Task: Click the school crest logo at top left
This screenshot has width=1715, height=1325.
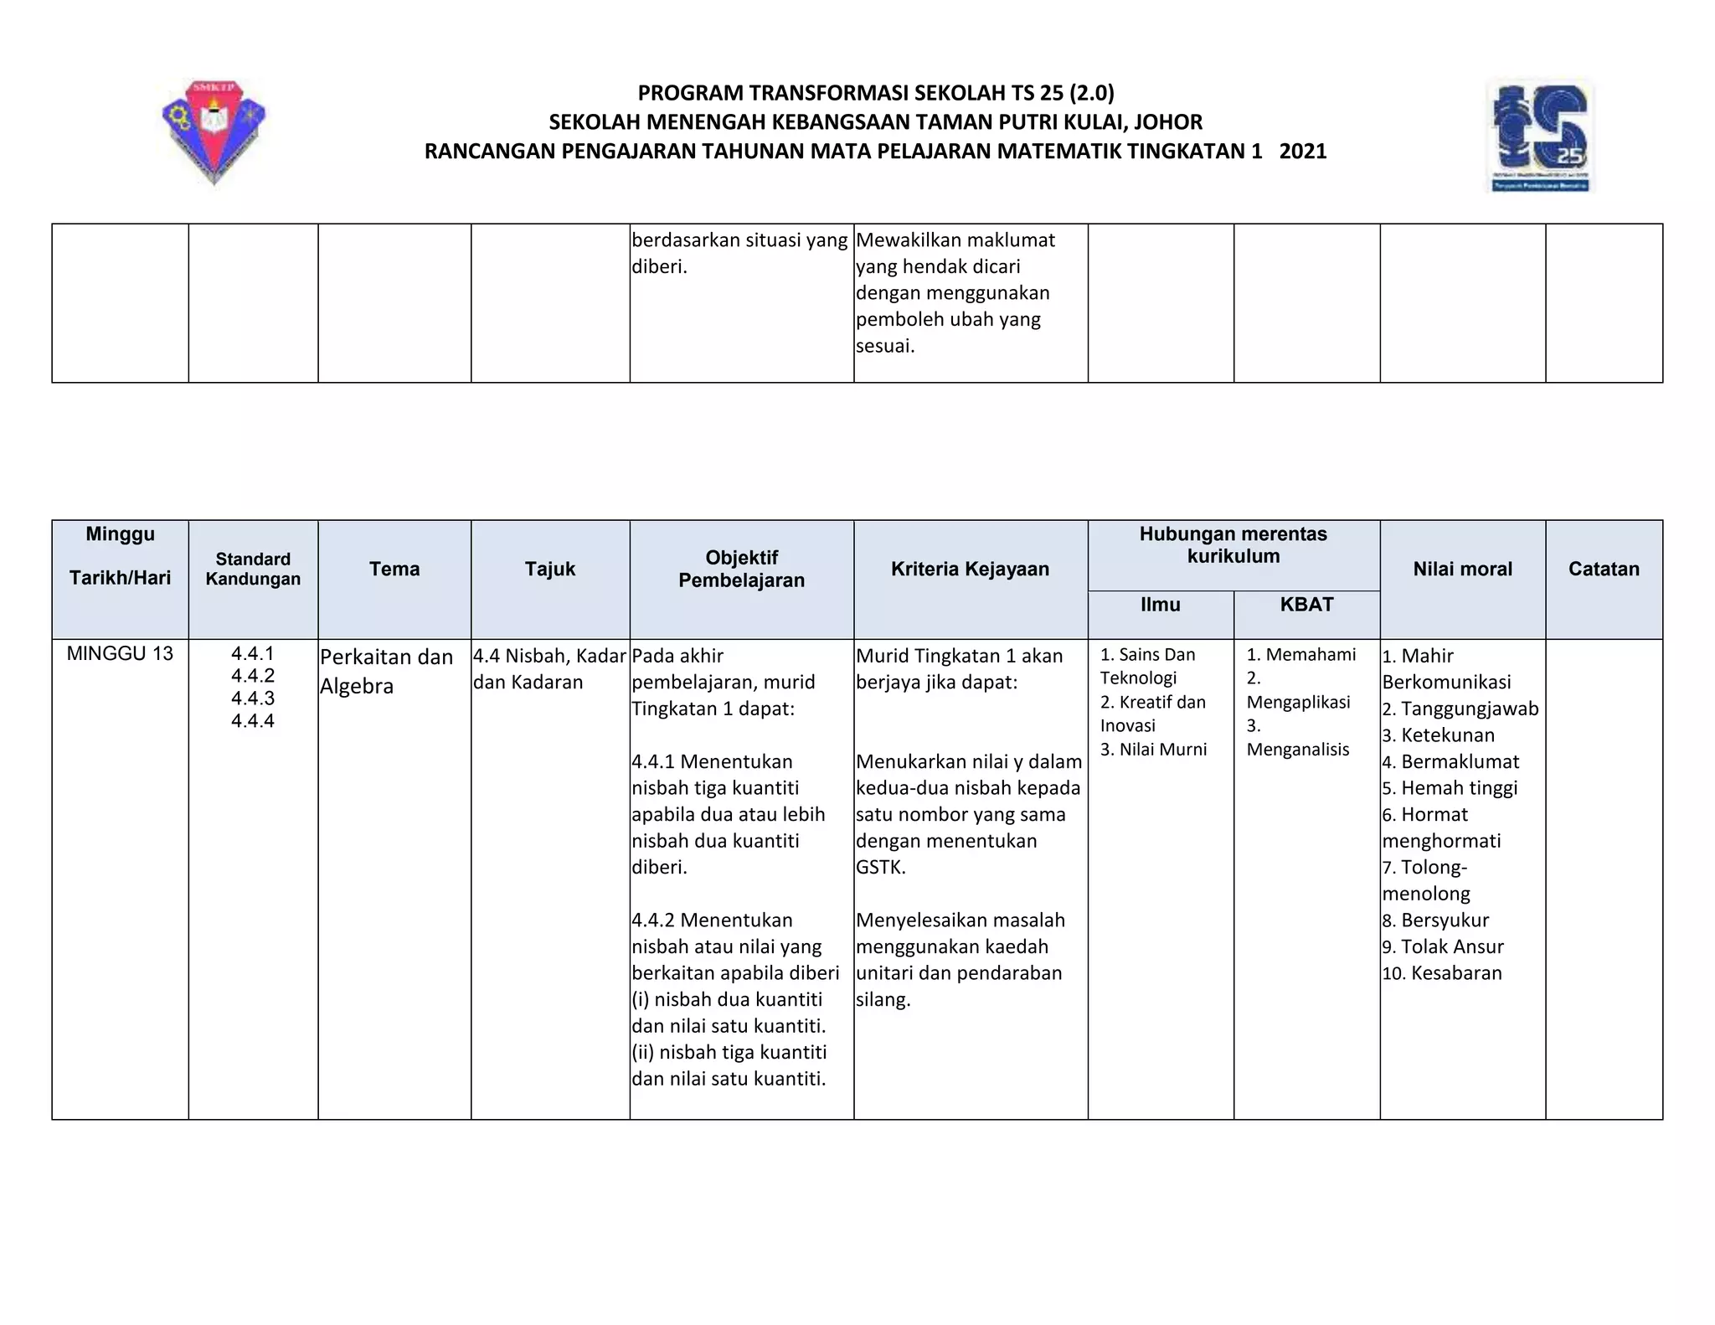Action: (214, 131)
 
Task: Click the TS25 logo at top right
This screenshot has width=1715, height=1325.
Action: (1539, 136)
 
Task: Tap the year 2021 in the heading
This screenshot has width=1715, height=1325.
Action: (1303, 152)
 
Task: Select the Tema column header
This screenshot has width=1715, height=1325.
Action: (394, 570)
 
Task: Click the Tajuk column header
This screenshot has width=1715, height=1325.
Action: (550, 570)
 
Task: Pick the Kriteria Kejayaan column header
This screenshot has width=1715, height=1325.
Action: (970, 570)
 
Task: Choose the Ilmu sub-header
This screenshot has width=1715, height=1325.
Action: (1160, 605)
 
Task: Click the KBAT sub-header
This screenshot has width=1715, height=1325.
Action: (1306, 605)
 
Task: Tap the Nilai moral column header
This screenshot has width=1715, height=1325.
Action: (1462, 570)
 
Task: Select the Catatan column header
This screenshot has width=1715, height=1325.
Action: (1604, 570)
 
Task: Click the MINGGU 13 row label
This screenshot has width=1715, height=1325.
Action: (120, 654)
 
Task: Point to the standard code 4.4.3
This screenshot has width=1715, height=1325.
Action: (253, 699)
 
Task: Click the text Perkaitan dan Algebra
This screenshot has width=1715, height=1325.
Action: (386, 671)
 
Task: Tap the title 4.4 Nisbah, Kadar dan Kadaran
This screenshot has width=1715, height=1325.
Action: (549, 668)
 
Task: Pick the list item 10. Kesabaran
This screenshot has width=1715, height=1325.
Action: (1442, 973)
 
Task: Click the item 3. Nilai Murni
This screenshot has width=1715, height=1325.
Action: (1153, 750)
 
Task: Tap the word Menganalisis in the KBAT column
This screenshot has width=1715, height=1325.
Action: (1297, 750)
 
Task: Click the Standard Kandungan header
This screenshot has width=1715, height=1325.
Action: (253, 570)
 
